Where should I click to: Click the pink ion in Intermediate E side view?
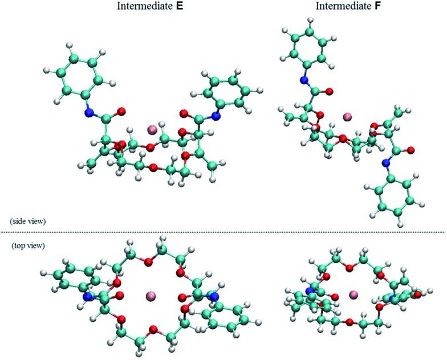[x=152, y=130]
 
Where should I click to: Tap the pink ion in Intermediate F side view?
[x=347, y=117]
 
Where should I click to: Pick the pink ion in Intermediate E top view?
[x=151, y=296]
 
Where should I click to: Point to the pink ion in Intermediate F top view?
[x=353, y=294]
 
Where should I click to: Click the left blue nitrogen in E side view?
[x=88, y=113]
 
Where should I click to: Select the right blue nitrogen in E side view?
[x=216, y=116]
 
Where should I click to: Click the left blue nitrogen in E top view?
[x=88, y=297]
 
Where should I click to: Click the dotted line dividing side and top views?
[x=223, y=232]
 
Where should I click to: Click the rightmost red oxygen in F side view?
[x=411, y=150]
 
